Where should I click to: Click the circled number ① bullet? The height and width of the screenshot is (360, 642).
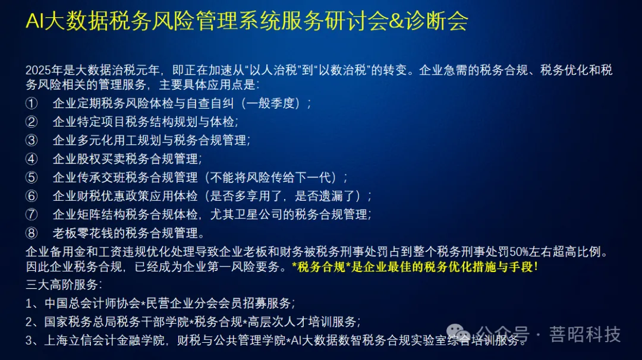pyautogui.click(x=32, y=103)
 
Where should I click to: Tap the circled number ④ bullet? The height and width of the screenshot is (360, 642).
pyautogui.click(x=32, y=159)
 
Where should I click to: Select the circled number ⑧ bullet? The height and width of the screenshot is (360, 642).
pyautogui.click(x=32, y=233)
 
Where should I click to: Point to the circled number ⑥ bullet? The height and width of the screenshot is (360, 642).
pyautogui.click(x=32, y=196)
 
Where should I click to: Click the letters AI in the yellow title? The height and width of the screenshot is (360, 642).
pyautogui.click(x=34, y=22)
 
